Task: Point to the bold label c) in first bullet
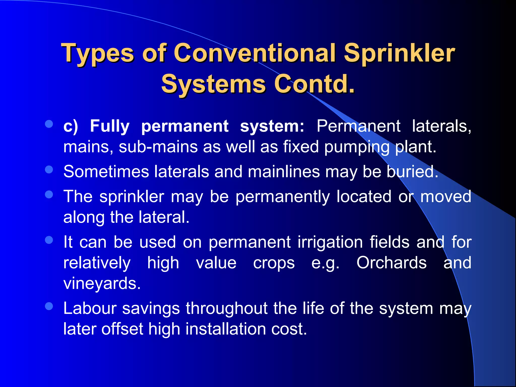tap(71, 126)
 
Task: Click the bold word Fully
tap(110, 126)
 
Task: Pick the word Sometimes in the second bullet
tap(106, 172)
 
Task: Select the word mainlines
tap(284, 172)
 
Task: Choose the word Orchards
tap(392, 263)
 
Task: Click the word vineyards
tap(102, 284)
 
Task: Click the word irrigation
tap(330, 242)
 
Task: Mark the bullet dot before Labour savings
tap(49, 306)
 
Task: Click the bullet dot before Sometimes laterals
tap(49, 170)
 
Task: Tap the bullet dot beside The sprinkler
tap(49, 194)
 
